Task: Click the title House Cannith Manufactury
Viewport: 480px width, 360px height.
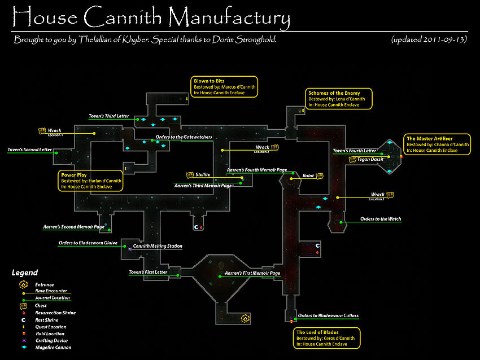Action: (151, 17)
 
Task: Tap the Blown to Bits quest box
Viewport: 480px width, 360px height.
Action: (225, 87)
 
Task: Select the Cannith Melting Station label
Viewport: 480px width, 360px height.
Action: (158, 246)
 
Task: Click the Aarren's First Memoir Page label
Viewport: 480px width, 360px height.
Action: (252, 273)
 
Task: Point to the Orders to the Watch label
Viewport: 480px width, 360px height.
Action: (381, 219)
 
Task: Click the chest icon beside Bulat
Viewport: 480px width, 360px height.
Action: (320, 176)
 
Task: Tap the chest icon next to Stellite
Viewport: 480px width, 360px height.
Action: (190, 175)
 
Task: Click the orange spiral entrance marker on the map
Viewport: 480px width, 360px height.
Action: (245, 319)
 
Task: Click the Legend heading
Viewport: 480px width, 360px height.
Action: (25, 273)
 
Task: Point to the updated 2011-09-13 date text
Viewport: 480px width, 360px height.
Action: (428, 40)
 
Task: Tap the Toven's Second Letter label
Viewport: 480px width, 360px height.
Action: (29, 150)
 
